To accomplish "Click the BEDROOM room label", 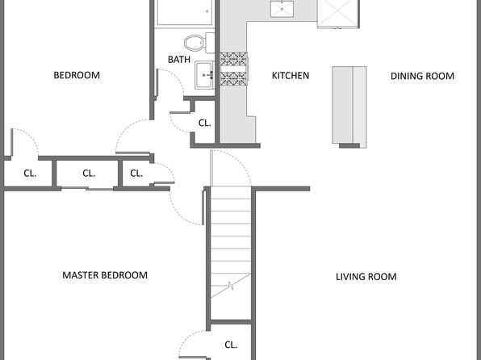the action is (77, 75).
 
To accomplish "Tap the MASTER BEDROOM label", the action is (105, 275).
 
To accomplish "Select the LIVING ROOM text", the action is (366, 277).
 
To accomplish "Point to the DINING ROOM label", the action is (422, 76).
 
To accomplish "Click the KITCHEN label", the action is (291, 76).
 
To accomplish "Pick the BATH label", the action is (179, 59).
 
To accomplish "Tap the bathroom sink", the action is (204, 75).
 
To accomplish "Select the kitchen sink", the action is (282, 9).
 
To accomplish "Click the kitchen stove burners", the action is (234, 69).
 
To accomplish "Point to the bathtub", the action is (184, 12).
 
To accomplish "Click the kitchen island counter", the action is (349, 107).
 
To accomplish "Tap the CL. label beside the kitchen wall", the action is (205, 123).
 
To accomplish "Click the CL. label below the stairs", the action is (231, 345).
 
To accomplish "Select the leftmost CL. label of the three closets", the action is (30, 174).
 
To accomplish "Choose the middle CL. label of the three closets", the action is (89, 174).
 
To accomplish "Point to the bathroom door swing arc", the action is (173, 79).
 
